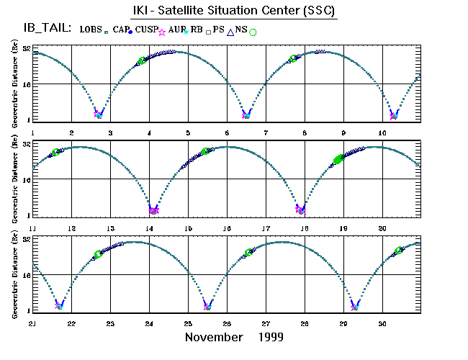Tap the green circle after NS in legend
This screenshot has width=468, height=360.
[253, 32]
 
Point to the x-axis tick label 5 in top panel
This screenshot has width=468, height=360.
[189, 132]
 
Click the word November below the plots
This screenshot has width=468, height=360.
[214, 337]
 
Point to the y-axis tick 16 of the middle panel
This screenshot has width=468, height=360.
[25, 180]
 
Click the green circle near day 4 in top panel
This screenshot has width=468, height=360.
[142, 60]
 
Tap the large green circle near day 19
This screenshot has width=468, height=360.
[338, 159]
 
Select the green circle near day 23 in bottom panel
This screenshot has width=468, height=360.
[99, 254]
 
